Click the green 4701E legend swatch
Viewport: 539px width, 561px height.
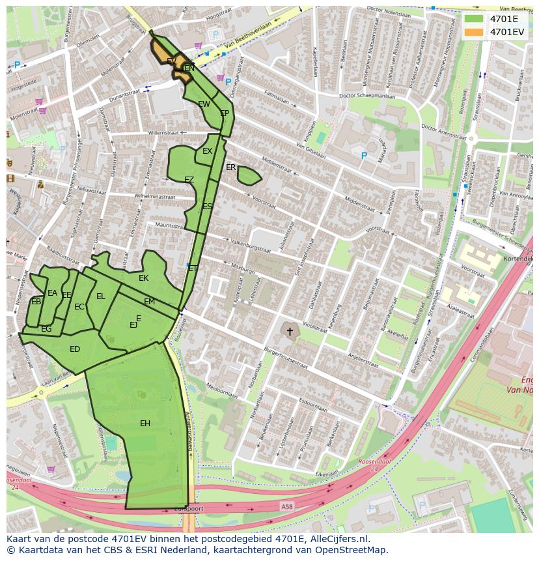tap(475, 19)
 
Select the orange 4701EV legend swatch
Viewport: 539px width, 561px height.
tap(475, 31)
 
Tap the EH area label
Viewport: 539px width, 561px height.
tap(145, 424)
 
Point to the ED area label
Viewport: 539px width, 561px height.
tap(75, 349)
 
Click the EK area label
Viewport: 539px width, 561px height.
tap(144, 278)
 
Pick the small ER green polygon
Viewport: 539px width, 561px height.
tap(249, 175)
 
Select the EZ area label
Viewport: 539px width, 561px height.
tap(189, 180)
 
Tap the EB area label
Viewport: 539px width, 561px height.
tap(36, 301)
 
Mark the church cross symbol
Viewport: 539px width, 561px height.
tap(290, 332)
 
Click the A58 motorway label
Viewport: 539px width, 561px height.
tap(287, 506)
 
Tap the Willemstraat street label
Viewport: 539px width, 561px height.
tap(163, 132)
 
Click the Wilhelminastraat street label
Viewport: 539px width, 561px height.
tap(155, 195)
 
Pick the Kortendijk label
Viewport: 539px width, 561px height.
tap(519, 259)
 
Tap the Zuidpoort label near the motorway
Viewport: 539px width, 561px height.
tap(189, 509)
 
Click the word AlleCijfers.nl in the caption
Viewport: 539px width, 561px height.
tap(339, 539)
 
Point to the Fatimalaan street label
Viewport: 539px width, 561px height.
tap(276, 97)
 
